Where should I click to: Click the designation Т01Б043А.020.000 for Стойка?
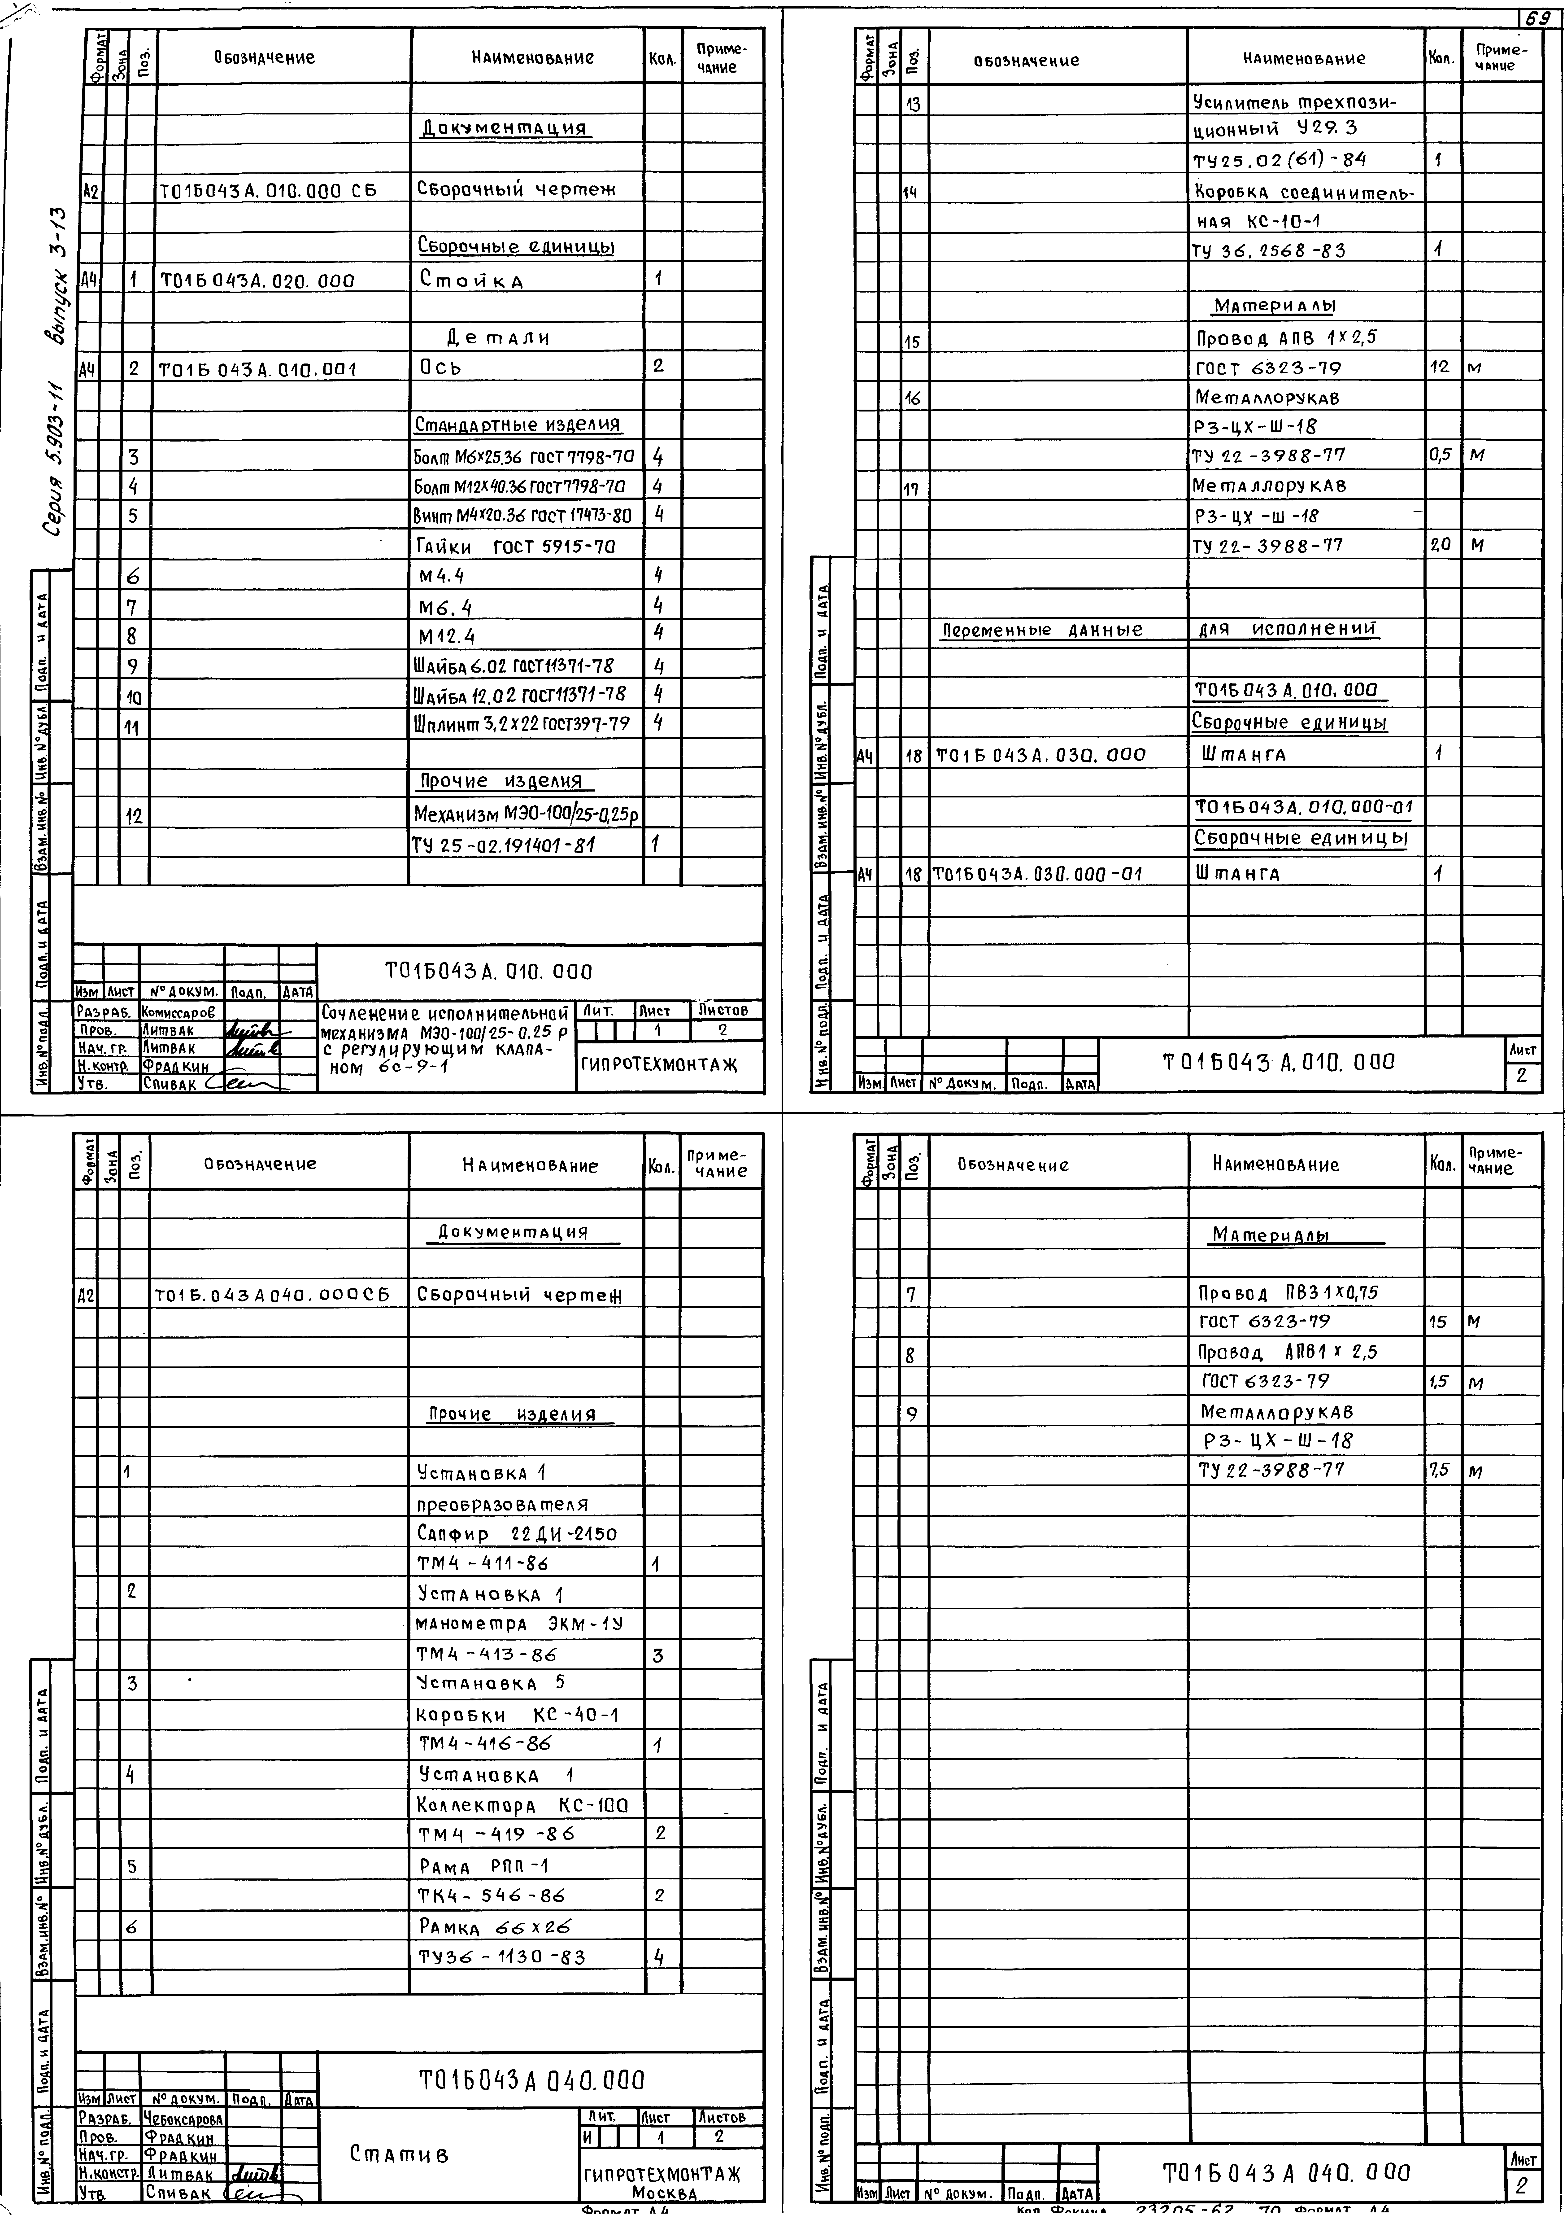[x=258, y=281]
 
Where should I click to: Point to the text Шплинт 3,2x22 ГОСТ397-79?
[x=522, y=723]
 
